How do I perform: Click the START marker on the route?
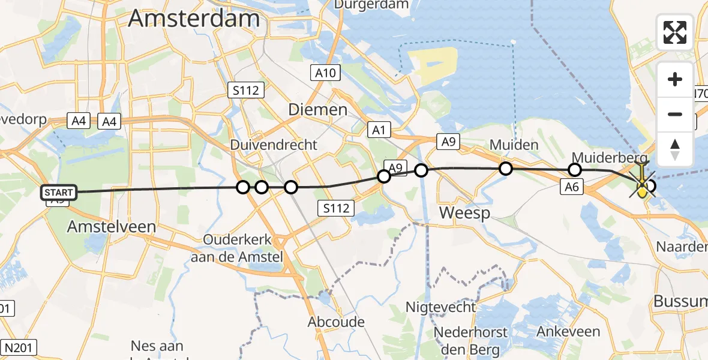click(59, 193)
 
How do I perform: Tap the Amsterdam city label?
click(194, 19)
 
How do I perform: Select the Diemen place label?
click(318, 110)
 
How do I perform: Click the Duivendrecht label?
click(274, 146)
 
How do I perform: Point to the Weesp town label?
click(464, 212)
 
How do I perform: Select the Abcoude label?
click(336, 322)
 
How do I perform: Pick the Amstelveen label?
click(112, 227)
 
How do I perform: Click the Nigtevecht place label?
click(441, 307)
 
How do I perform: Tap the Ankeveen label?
click(568, 332)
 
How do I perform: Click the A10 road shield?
click(326, 73)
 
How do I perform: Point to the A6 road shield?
click(572, 187)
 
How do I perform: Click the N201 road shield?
click(20, 347)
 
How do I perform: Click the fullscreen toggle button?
click(675, 32)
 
